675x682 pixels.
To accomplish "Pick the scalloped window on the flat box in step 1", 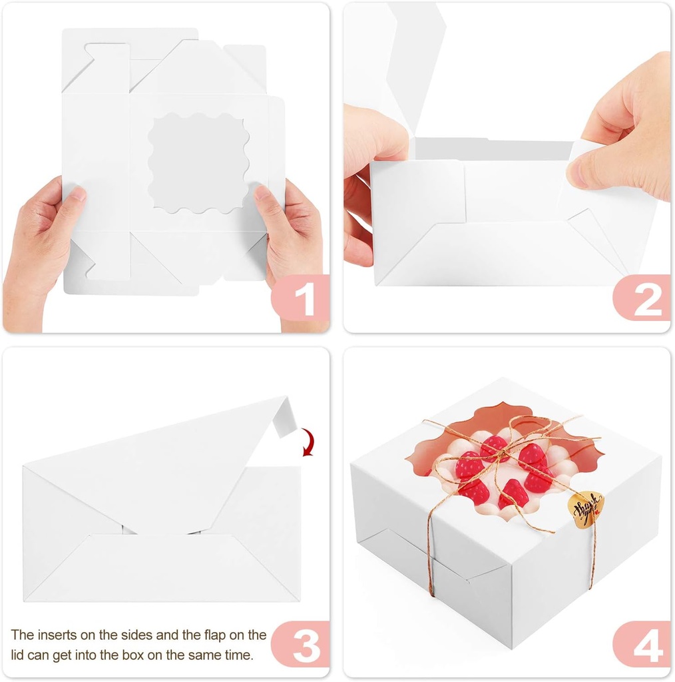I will click(x=198, y=163).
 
